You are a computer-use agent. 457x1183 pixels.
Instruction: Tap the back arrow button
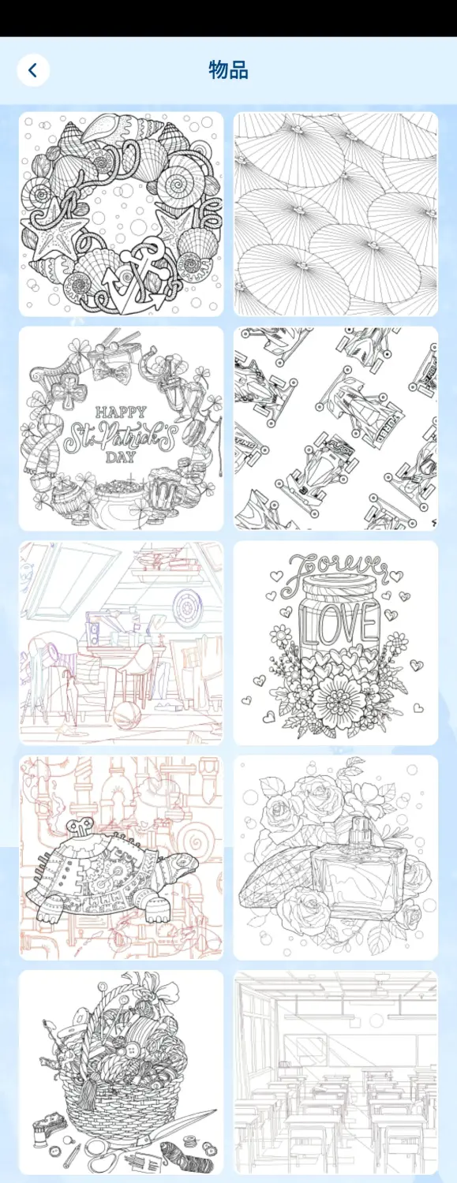click(33, 70)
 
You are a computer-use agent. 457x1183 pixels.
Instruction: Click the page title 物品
click(228, 69)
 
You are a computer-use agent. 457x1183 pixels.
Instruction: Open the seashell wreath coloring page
click(121, 214)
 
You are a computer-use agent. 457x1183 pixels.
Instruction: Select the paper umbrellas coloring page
click(336, 214)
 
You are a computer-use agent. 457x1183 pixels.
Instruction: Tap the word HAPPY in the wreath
click(121, 412)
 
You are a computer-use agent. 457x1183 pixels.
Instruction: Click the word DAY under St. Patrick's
click(121, 457)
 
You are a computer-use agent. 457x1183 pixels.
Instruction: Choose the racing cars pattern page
click(336, 428)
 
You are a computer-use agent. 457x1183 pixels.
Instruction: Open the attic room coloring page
click(121, 643)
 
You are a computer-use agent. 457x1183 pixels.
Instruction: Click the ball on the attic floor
click(127, 716)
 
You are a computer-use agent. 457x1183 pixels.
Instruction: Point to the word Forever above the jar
click(339, 569)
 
